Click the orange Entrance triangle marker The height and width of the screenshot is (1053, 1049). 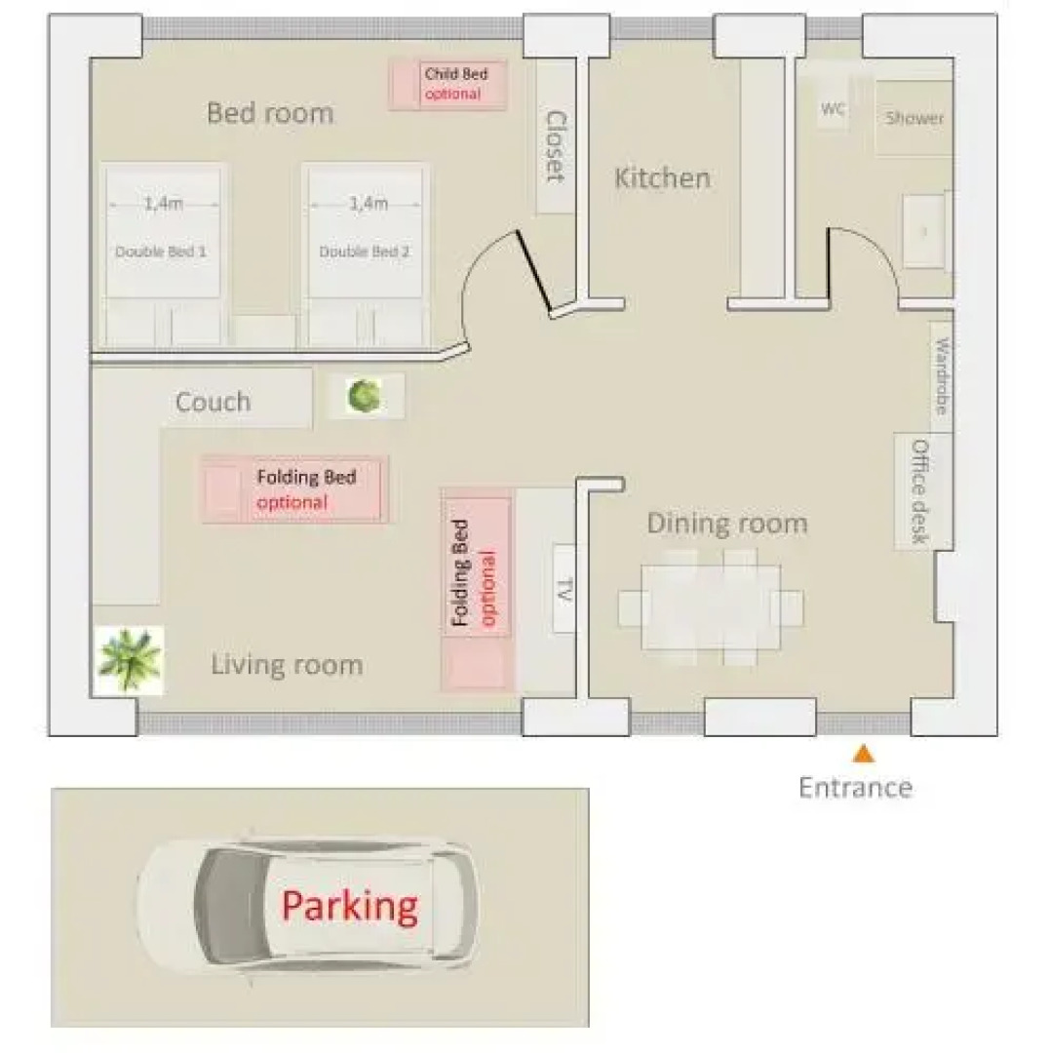863,754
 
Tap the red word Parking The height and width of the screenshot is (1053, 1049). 349,906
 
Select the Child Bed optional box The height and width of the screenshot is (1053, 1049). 448,85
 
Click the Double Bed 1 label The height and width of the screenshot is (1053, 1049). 161,252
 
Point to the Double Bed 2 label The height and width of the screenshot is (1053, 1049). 365,252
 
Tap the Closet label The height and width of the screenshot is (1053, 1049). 556,146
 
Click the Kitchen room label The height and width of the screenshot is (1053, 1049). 662,178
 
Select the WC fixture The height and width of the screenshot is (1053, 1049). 833,110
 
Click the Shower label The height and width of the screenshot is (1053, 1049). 914,119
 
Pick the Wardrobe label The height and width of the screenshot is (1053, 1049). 941,375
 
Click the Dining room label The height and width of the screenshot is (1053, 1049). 727,524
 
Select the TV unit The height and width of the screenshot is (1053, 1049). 563,589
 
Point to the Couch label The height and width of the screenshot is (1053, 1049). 213,402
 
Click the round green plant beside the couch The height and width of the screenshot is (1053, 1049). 365,396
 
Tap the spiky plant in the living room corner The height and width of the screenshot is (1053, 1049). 129,660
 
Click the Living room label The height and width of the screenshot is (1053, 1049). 287,666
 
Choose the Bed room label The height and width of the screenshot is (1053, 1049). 270,113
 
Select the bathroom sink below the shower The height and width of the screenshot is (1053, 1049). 923,230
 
